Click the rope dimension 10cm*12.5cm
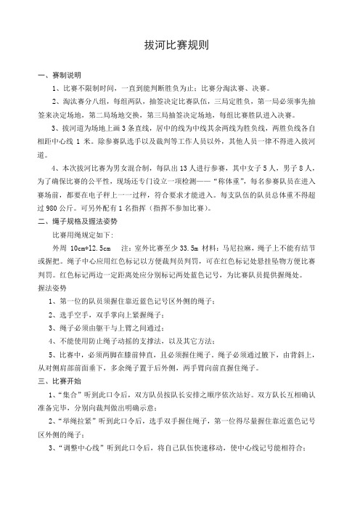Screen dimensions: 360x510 coord(90,272)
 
